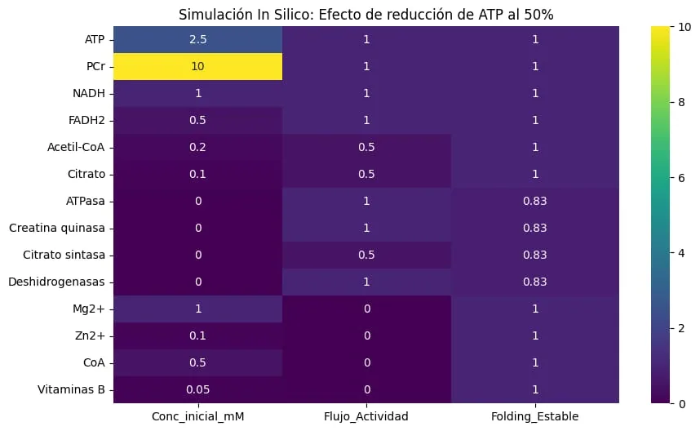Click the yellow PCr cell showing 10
pyautogui.click(x=197, y=67)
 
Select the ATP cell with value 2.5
pyautogui.click(x=197, y=40)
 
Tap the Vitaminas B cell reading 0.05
pyautogui.click(x=197, y=389)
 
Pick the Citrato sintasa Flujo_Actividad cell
pyautogui.click(x=366, y=255)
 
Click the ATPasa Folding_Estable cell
pyautogui.click(x=535, y=201)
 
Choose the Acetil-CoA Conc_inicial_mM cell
pyautogui.click(x=197, y=148)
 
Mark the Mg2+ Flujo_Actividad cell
pyautogui.click(x=366, y=309)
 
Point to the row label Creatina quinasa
pyautogui.click(x=56, y=228)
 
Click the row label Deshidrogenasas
pyautogui.click(x=56, y=282)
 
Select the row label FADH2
pyautogui.click(x=86, y=120)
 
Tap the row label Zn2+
pyautogui.click(x=90, y=335)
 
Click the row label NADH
pyautogui.click(x=89, y=93)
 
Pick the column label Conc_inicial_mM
pyautogui.click(x=197, y=416)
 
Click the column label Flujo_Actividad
pyautogui.click(x=366, y=416)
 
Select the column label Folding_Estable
pyautogui.click(x=535, y=416)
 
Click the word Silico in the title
pyautogui.click(x=290, y=15)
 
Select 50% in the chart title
pyautogui.click(x=538, y=15)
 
